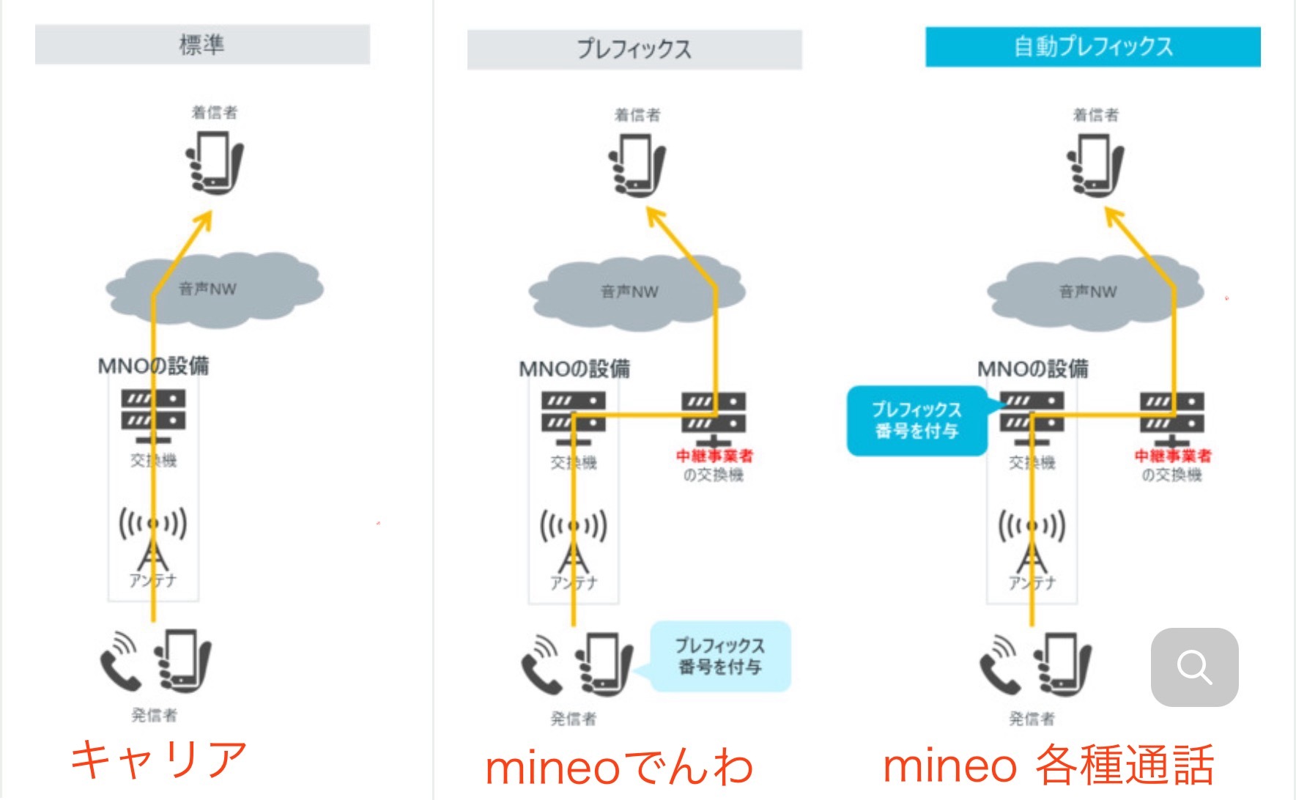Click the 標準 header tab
tap(202, 45)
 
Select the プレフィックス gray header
tap(634, 49)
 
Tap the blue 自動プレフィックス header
tap(1092, 47)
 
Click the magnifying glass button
tap(1194, 667)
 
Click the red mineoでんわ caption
tap(619, 767)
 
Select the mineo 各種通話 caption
tap(1048, 766)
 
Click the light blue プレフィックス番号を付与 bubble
tap(720, 656)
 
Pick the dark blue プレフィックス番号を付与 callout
tap(917, 421)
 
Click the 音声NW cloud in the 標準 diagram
tap(214, 289)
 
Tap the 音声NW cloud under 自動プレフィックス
tap(1095, 292)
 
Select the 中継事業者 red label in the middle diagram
tap(714, 456)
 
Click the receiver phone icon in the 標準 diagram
tap(214, 163)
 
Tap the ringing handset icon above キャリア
tap(120, 662)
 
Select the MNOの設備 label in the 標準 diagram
tap(153, 366)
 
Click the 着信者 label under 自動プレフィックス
tap(1095, 115)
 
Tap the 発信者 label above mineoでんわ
tap(573, 719)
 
